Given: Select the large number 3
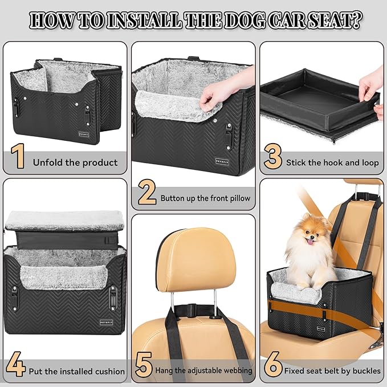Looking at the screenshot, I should tap(273, 156).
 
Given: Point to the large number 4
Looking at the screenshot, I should tap(18, 365).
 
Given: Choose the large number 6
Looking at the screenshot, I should tap(274, 365).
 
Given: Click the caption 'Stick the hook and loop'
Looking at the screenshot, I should tap(332, 162).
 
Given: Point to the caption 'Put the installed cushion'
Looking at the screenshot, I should tap(77, 371).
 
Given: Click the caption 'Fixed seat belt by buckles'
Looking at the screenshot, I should tap(333, 371).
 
